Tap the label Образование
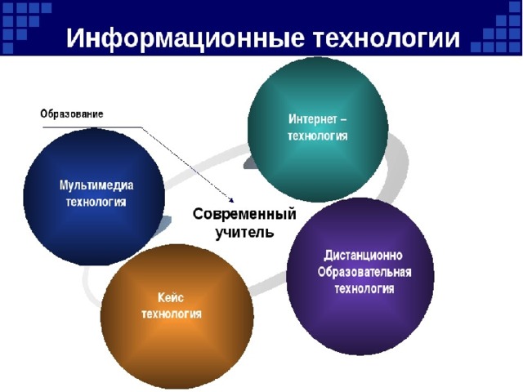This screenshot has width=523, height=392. click(x=72, y=114)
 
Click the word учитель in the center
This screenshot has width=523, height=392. click(x=244, y=232)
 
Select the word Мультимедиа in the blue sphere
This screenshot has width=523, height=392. click(x=96, y=186)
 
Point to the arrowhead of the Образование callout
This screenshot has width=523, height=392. click(x=231, y=200)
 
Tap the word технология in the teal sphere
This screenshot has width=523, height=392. click(x=318, y=136)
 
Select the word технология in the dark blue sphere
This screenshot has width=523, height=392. click(x=96, y=202)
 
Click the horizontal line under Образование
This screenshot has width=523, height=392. click(x=90, y=127)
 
